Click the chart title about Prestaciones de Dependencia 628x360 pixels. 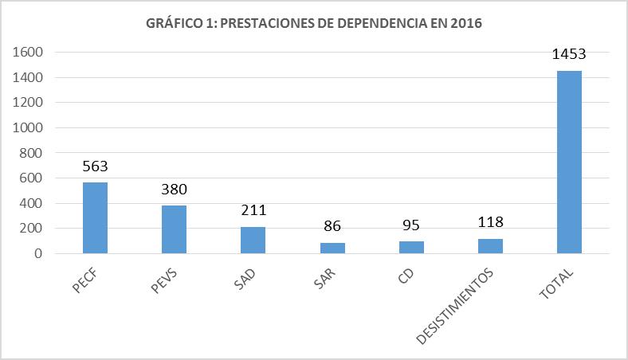(314, 24)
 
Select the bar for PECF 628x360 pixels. (95, 217)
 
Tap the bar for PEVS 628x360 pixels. (174, 229)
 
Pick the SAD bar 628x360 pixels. (253, 240)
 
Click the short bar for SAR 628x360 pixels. (332, 248)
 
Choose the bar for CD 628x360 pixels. (411, 247)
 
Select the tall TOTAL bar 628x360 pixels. (569, 162)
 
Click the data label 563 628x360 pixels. (95, 167)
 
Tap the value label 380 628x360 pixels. (174, 190)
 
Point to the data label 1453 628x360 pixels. (569, 55)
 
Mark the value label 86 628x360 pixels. (332, 227)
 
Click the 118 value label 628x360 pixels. (490, 223)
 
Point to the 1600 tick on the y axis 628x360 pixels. (26, 53)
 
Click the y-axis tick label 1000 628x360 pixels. (26, 128)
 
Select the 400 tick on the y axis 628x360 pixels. (30, 203)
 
